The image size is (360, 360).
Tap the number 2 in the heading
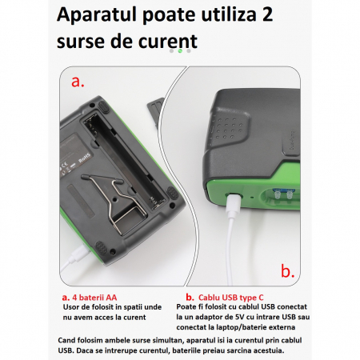coord(267,14)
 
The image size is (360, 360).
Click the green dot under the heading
coord(180,50)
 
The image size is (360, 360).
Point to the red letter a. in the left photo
coord(78,82)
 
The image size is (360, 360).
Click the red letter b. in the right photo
coord(288,271)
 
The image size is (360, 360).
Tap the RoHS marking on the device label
coord(84,158)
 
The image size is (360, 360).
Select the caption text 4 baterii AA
coord(94,298)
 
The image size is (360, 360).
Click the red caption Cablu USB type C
coord(230,298)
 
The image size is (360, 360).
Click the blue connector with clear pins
coord(282,194)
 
